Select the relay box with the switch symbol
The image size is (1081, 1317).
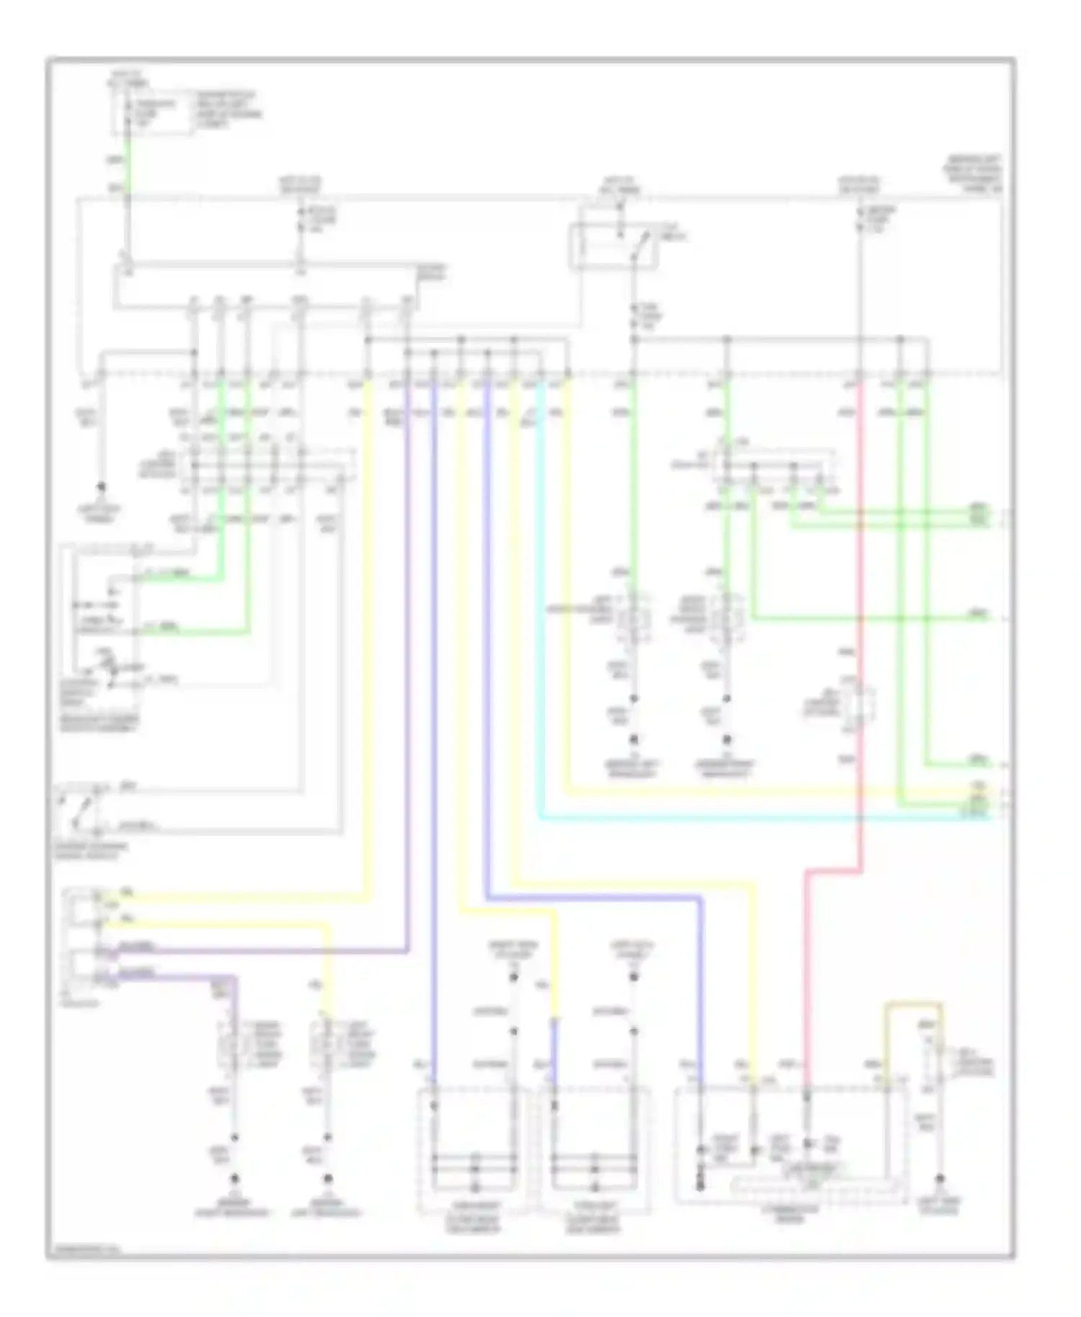click(614, 246)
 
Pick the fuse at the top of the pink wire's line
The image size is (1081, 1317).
click(859, 218)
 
